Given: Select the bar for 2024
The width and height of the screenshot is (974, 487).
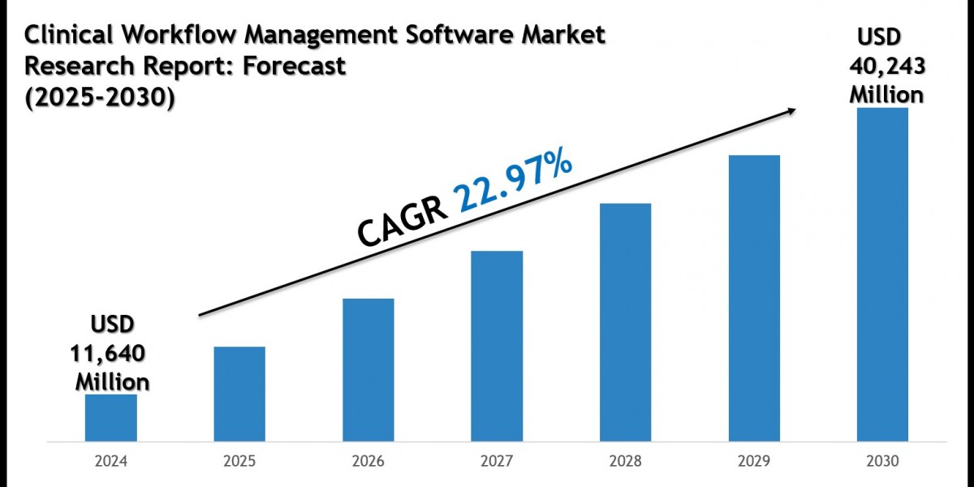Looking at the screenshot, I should tap(110, 419).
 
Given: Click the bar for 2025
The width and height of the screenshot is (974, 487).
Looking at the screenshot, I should tap(239, 394).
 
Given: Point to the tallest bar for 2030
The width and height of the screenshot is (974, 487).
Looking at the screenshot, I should tap(882, 275).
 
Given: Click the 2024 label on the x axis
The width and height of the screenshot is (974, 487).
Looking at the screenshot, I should tap(110, 461).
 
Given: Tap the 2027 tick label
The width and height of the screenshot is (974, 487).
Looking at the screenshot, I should tap(497, 461).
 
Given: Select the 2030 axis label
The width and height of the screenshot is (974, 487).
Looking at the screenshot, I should tap(882, 461).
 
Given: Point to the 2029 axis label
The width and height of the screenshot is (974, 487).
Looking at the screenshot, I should tap(754, 461).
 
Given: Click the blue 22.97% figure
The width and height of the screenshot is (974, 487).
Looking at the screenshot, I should tap(513, 186).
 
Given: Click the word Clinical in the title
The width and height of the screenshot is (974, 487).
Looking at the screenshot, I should tap(66, 36).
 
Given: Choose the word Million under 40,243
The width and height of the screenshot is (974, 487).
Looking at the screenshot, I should tap(886, 94).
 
